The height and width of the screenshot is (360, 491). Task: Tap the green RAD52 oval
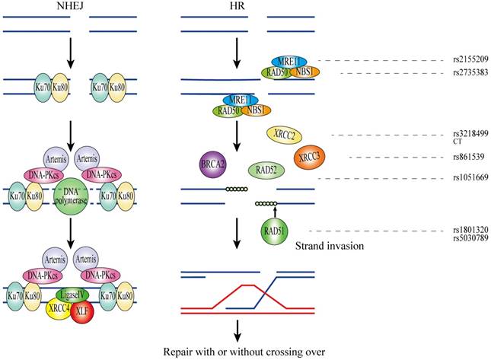tap(266, 170)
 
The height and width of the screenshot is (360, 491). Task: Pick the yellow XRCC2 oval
tap(286, 135)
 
